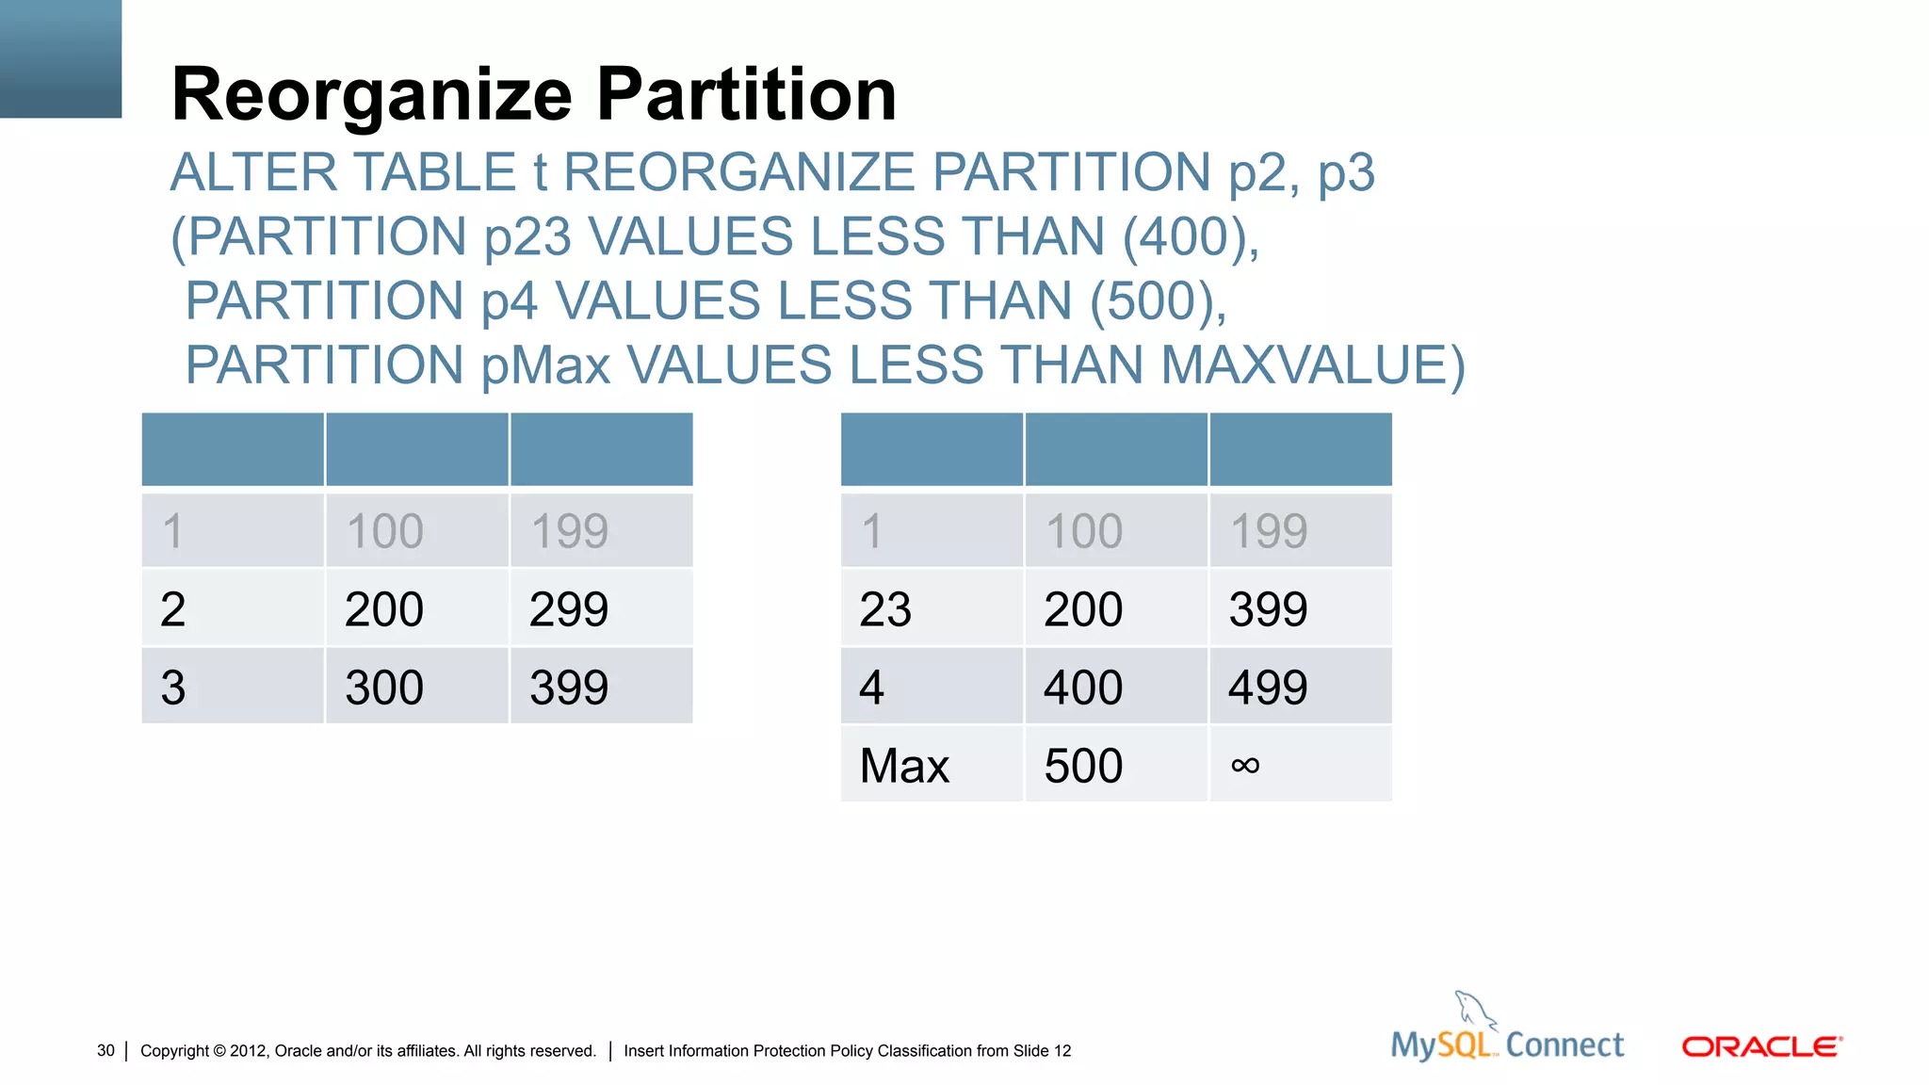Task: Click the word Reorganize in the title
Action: (371, 95)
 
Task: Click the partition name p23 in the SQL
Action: (527, 236)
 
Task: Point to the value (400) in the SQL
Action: (1191, 236)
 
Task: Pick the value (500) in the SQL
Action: (1158, 301)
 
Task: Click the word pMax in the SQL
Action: (545, 365)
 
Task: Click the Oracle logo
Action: (1761, 1046)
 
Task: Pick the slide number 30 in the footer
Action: (105, 1050)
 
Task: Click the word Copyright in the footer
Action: (174, 1050)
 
